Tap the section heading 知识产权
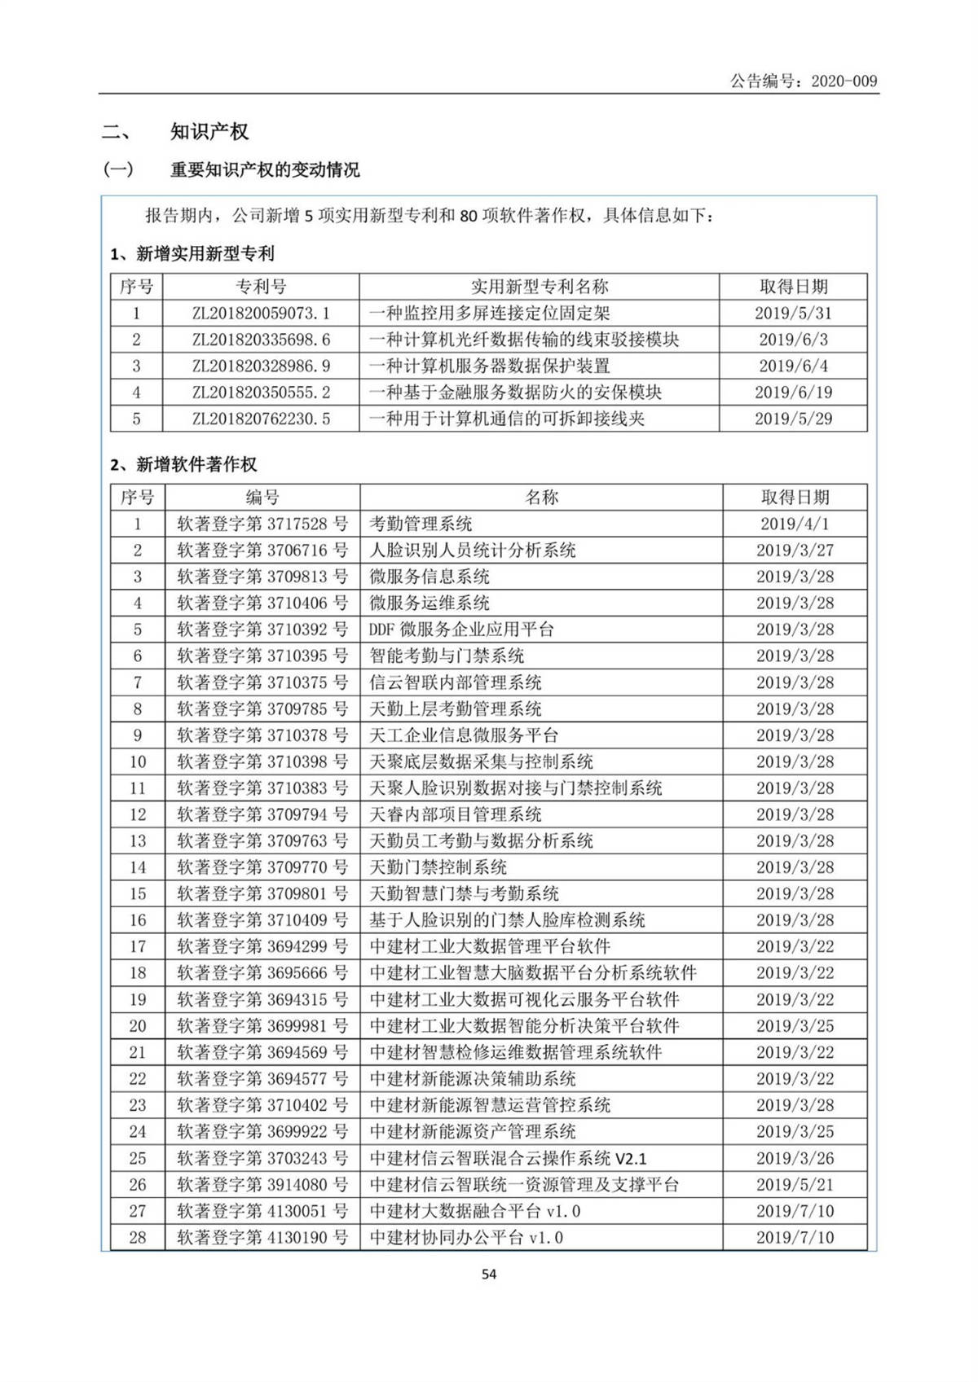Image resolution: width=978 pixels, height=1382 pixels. (209, 132)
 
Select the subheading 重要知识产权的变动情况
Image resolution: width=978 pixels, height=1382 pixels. (264, 170)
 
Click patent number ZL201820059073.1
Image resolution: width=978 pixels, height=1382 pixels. (261, 314)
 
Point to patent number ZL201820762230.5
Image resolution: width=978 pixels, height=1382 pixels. (261, 419)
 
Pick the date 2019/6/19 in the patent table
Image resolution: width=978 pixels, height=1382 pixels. (793, 393)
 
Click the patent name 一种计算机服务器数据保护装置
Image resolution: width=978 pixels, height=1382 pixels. (489, 366)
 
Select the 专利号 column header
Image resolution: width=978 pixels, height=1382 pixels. (261, 287)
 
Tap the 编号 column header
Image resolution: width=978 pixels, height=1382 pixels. (262, 498)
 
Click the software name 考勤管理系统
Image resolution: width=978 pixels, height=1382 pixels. (421, 524)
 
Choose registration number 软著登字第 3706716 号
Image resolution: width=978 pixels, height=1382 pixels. (262, 551)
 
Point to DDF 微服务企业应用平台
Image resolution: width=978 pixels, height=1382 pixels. (461, 630)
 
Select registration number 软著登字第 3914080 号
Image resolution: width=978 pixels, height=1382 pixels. (262, 1185)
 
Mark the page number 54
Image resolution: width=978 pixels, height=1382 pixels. (489, 1275)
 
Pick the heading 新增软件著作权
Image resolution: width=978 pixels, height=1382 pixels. (196, 465)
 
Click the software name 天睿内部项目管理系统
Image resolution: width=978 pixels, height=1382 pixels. (456, 814)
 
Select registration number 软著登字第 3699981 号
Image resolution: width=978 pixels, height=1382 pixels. (262, 1026)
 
